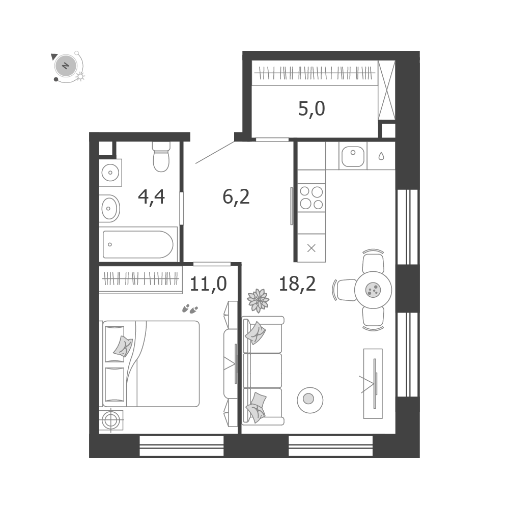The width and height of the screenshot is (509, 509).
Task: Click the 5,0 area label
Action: tap(312, 109)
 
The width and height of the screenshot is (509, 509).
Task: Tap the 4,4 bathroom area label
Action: tap(151, 197)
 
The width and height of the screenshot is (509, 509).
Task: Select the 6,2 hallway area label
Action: tap(236, 196)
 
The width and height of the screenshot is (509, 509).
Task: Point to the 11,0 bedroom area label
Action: tap(208, 284)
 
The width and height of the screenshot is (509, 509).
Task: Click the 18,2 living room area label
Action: tap(297, 284)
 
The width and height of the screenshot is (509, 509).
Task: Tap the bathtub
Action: tap(138, 244)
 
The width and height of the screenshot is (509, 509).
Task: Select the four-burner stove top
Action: tap(312, 197)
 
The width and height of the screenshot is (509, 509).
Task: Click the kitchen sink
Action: tap(353, 156)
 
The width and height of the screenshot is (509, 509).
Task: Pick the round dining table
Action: tap(373, 290)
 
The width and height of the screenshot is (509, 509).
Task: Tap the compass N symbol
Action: tap(66, 66)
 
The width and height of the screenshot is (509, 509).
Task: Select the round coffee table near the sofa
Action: tap(310, 400)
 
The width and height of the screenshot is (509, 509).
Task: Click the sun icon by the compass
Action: tap(80, 77)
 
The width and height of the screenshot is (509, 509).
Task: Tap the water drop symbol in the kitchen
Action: tap(381, 156)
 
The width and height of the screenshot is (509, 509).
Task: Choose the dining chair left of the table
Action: tap(346, 290)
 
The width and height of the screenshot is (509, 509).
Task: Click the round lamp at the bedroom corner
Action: tap(111, 421)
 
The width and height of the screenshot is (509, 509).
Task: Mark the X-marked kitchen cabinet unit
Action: tap(312, 248)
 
